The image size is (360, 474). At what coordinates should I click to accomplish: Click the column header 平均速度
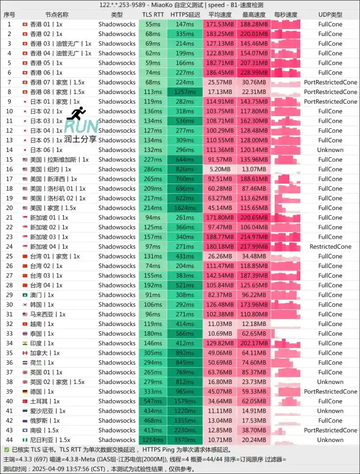220,15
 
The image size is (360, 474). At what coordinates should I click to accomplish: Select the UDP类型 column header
330,15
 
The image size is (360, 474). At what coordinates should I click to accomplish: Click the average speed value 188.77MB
220,237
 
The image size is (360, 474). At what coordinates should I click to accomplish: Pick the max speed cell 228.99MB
254,73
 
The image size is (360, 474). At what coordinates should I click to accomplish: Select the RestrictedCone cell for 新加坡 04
330,247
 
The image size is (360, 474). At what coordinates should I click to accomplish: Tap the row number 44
9,440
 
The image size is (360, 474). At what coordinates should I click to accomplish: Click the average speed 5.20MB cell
220,169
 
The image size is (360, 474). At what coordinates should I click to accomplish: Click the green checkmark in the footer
6,450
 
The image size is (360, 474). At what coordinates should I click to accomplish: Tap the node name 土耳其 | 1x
45,401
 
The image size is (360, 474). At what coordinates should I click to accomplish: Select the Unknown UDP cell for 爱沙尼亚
330,411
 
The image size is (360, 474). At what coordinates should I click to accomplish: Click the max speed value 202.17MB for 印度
254,343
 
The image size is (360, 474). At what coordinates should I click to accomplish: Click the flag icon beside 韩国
25,305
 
